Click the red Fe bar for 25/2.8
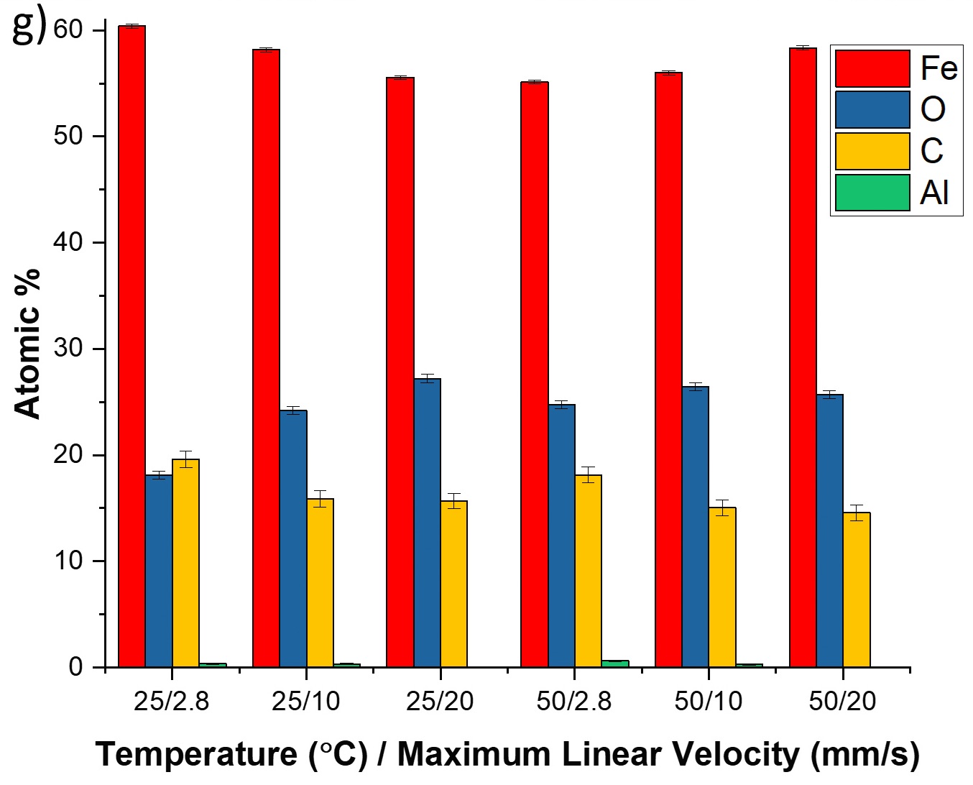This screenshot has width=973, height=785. [x=132, y=345]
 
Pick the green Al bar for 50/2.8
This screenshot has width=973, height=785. [x=615, y=664]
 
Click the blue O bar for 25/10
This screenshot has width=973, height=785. [x=292, y=538]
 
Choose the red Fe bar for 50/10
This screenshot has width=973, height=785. [x=668, y=369]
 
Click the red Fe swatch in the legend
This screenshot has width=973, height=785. [x=872, y=68]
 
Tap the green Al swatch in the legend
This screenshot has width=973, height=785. [x=872, y=193]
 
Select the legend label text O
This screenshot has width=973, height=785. [x=933, y=109]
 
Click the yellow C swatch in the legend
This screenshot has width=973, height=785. [x=872, y=151]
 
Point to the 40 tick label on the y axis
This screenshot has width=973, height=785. [x=68, y=242]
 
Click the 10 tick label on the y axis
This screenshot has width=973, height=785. [x=68, y=561]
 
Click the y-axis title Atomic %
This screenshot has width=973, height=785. [x=27, y=343]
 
